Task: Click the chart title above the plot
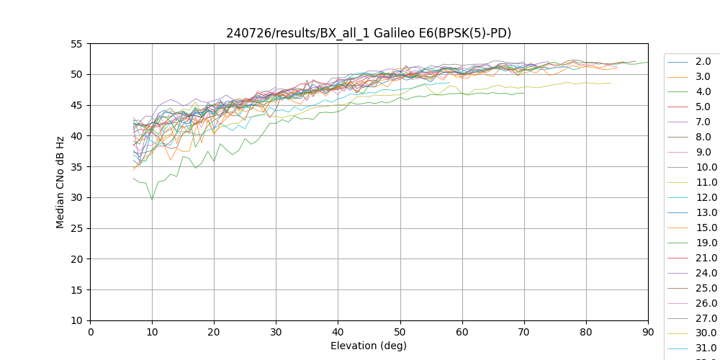(x=369, y=33)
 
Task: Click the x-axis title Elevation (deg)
(x=369, y=346)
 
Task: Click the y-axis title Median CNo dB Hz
(x=60, y=182)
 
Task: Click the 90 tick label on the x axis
(x=648, y=332)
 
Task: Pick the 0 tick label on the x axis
(x=90, y=332)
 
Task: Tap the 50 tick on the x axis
(x=400, y=332)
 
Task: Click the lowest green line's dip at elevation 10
(x=152, y=199)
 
